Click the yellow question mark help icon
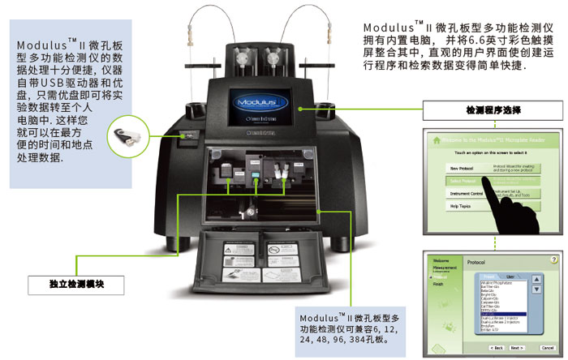(x=553, y=259)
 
